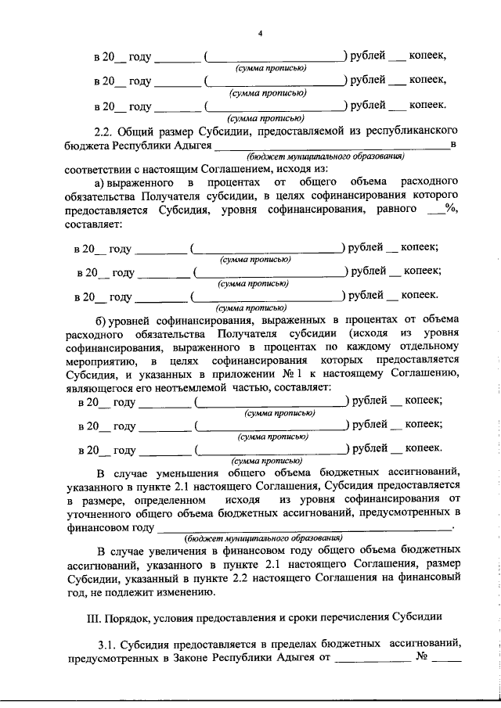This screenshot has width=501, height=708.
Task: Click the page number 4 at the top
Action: coord(261,32)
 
